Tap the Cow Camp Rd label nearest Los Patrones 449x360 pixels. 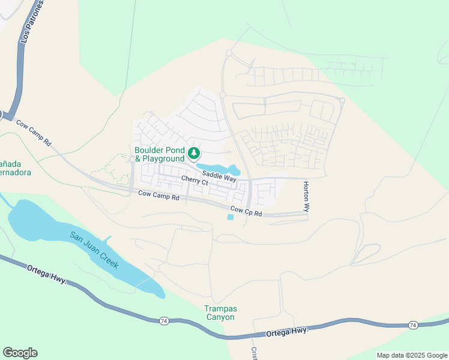[x=34, y=133]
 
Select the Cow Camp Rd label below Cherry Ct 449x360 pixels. [x=159, y=196]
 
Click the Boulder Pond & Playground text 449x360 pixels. [x=159, y=154]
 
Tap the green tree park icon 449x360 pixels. [x=194, y=154]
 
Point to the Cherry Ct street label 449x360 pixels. [x=194, y=181]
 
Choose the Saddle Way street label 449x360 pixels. [x=218, y=175]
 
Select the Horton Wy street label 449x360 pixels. [x=306, y=197]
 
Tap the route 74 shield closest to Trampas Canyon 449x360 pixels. [x=164, y=321]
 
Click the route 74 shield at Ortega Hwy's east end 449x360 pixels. [x=412, y=325]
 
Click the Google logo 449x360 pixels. [x=20, y=353]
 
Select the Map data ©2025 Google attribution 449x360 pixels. [x=412, y=355]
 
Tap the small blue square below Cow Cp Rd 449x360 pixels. [x=231, y=217]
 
